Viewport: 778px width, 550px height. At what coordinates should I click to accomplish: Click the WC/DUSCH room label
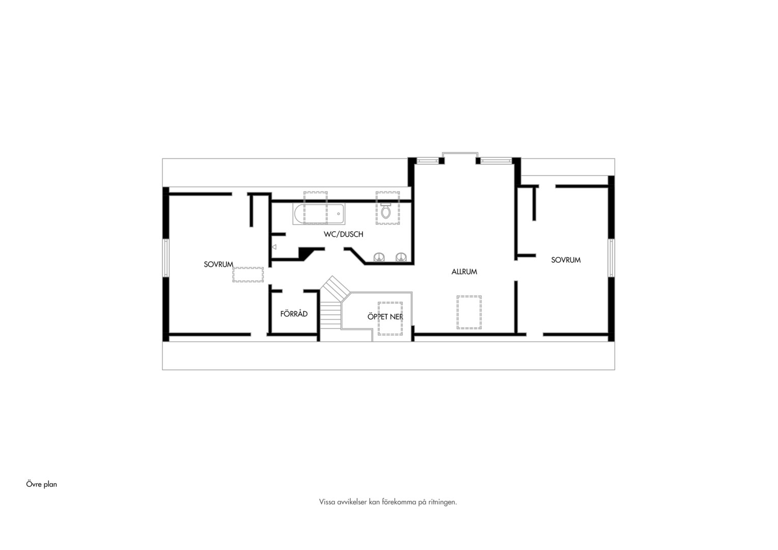pyautogui.click(x=343, y=234)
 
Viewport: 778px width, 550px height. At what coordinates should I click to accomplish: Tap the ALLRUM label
pyautogui.click(x=464, y=272)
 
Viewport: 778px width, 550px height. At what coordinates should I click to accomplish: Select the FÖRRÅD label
pyautogui.click(x=294, y=314)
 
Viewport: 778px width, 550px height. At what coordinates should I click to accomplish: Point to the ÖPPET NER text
pyautogui.click(x=385, y=317)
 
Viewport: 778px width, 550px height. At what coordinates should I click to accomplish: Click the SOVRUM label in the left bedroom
pyautogui.click(x=218, y=264)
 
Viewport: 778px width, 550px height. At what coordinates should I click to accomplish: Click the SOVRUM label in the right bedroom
pyautogui.click(x=566, y=260)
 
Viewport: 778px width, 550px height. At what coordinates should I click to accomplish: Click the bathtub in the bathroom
pyautogui.click(x=319, y=214)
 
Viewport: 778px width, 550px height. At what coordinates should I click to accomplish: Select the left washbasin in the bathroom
pyautogui.click(x=379, y=258)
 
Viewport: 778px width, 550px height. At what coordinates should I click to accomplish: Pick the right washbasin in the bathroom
pyautogui.click(x=401, y=258)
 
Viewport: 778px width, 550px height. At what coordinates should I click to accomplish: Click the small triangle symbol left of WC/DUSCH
pyautogui.click(x=274, y=247)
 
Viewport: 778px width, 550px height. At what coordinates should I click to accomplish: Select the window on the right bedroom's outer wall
pyautogui.click(x=612, y=258)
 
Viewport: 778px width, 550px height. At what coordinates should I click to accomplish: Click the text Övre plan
pyautogui.click(x=41, y=484)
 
